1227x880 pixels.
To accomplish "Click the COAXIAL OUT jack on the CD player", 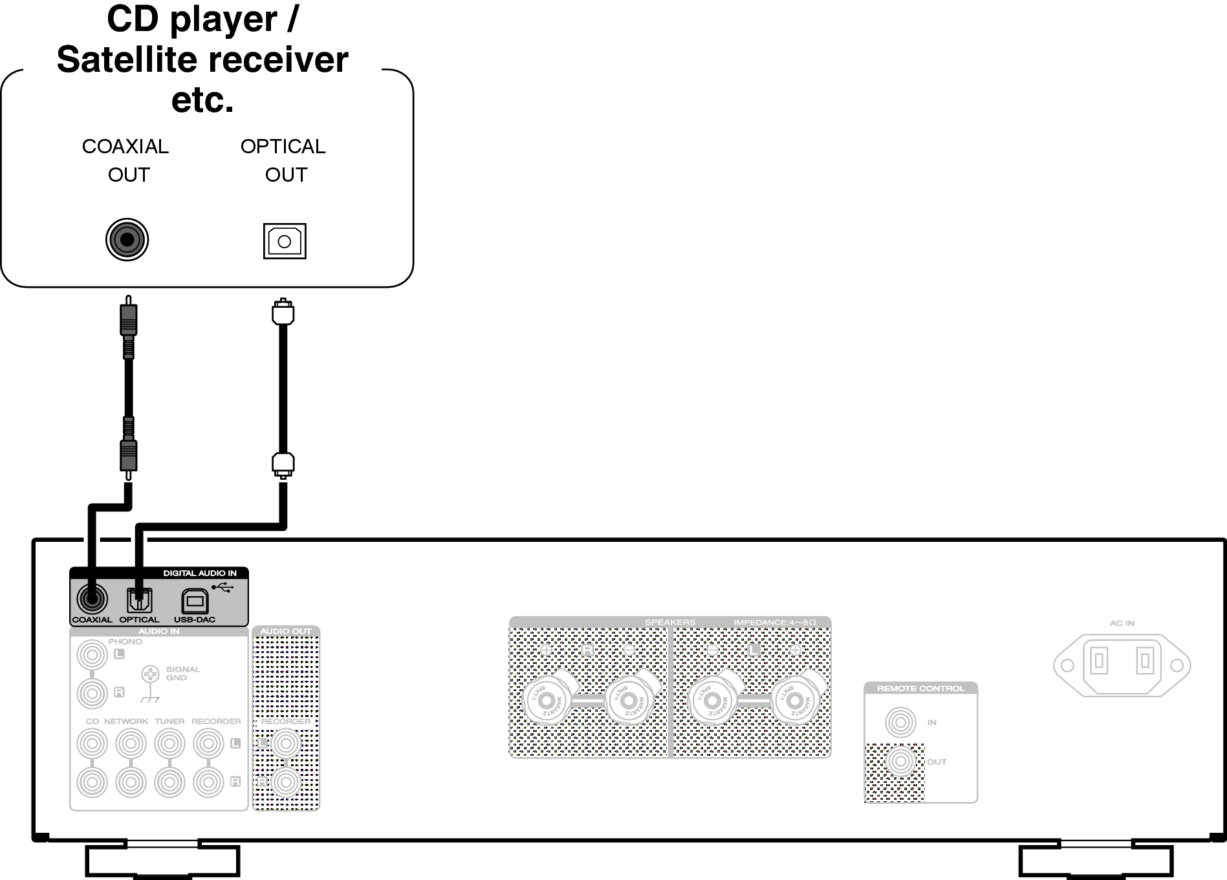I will (127, 240).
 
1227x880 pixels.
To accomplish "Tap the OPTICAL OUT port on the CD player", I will (285, 241).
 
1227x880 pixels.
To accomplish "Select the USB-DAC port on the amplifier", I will (194, 601).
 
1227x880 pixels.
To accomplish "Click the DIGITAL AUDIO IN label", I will (199, 573).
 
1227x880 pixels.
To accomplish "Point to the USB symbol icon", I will (223, 588).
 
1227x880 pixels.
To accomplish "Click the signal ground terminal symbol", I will (150, 674).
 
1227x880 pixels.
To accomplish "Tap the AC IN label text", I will (1122, 623).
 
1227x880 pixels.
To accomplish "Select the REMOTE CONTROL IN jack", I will (900, 722).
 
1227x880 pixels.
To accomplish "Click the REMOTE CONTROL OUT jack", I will (900, 762).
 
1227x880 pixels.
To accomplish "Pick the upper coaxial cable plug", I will (129, 320).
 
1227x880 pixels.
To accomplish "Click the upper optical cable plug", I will (283, 313).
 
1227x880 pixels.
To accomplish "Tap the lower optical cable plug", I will (283, 464).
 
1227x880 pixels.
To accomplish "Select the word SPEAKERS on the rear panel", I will (669, 623).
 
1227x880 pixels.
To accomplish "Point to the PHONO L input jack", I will (92, 655).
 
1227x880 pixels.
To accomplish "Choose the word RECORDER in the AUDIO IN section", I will (216, 721).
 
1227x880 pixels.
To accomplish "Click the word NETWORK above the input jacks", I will (126, 721).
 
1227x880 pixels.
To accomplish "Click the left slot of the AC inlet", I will (1099, 661).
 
